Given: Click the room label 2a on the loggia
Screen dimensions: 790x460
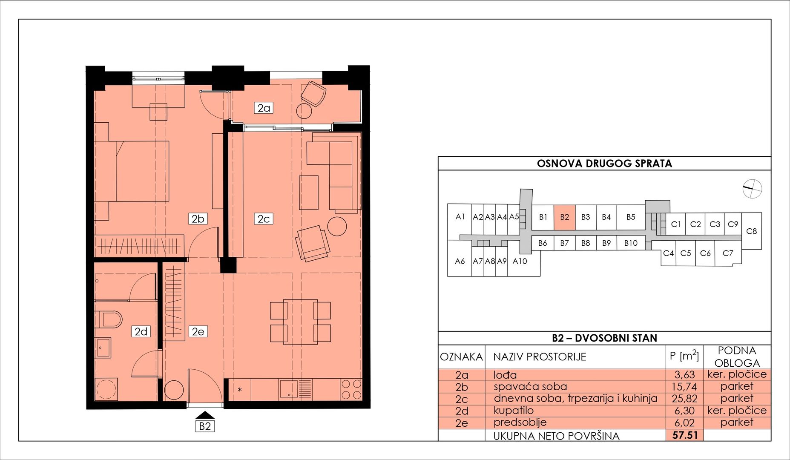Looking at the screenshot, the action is click(264, 108).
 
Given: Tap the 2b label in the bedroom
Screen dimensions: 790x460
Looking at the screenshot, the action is click(198, 219).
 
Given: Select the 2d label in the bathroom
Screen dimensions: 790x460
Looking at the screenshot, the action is click(141, 331).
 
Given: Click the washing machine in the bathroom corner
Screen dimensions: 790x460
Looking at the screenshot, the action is click(106, 389).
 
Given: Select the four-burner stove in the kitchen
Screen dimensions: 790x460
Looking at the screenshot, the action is click(351, 389).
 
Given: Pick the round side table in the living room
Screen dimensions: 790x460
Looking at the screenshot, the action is click(337, 227).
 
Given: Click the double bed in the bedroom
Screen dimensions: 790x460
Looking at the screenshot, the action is click(132, 171).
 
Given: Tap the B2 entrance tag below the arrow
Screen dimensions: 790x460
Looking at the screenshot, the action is click(205, 426).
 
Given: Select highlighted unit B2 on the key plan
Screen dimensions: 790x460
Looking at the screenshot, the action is click(564, 218).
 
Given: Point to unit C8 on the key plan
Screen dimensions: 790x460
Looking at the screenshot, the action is click(752, 231).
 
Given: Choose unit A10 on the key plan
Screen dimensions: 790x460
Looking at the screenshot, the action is click(520, 262).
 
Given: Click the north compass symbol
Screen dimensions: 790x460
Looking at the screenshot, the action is click(752, 189).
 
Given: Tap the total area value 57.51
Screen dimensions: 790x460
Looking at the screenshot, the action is click(685, 435).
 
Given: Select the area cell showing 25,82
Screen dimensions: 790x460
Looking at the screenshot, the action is click(685, 399).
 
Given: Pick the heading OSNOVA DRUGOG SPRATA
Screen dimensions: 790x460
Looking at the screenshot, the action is click(604, 164).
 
